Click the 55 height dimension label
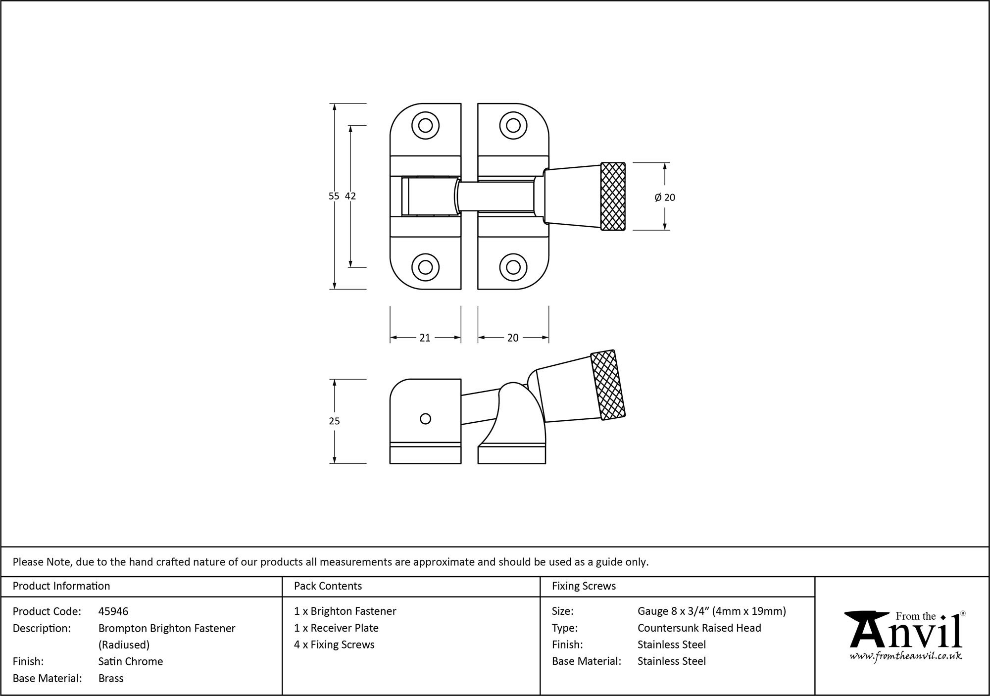coord(334,196)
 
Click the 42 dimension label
coord(350,196)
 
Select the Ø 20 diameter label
coord(665,198)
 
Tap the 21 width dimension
coord(425,338)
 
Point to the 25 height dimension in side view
coord(334,421)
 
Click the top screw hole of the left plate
coord(425,125)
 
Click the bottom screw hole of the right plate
coord(513,267)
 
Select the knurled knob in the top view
coord(612,197)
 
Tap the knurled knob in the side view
coord(608,385)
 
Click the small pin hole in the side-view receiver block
coord(425,419)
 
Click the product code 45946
coord(113,611)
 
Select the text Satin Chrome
coord(131,661)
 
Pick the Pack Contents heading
coord(328,586)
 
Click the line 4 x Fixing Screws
coord(334,645)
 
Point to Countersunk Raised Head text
coord(699,628)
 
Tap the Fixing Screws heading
coord(584,586)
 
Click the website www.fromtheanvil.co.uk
coord(906,656)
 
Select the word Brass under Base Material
coord(111,678)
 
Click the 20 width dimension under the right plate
coord(513,338)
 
